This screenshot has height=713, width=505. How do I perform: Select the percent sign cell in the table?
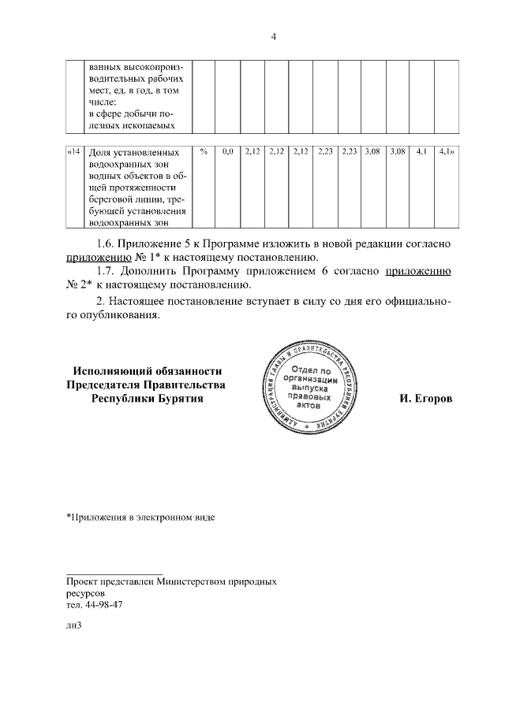[x=204, y=151]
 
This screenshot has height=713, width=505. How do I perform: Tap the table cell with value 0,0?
[x=228, y=151]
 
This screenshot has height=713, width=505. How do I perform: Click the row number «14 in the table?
[x=73, y=151]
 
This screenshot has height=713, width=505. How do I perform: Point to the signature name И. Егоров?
[x=426, y=399]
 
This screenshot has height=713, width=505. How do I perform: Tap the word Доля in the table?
[x=100, y=151]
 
